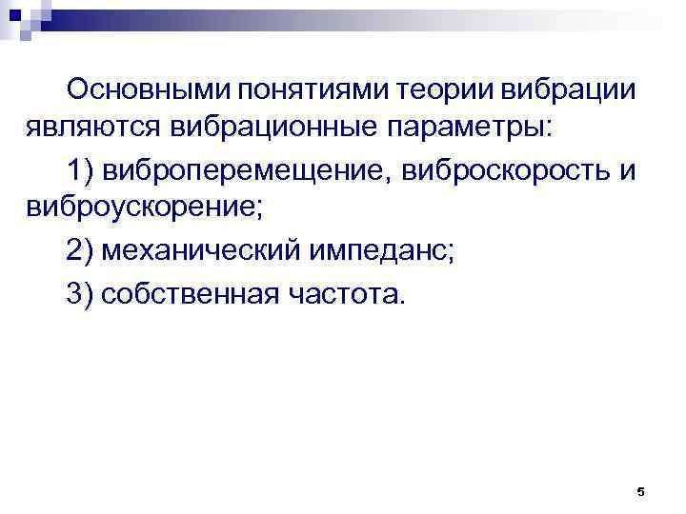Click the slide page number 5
pos(640,492)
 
